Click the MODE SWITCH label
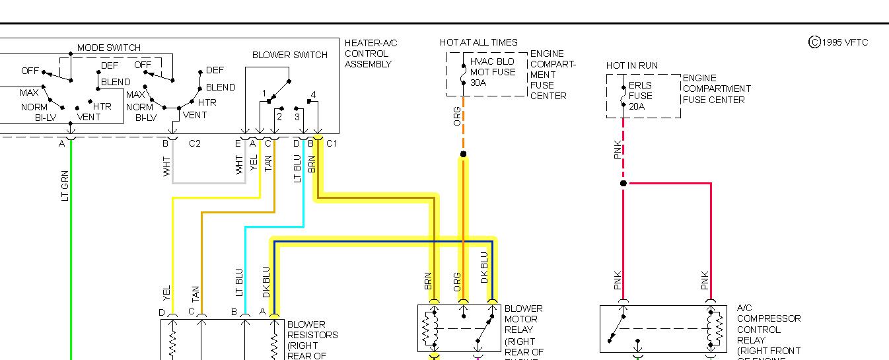108,48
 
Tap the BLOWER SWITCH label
289,55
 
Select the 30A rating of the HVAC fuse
478,83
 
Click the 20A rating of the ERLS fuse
637,106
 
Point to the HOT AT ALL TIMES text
478,42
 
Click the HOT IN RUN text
631,65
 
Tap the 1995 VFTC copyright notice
838,42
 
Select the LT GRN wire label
65,185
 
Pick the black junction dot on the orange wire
463,155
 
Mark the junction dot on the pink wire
623,183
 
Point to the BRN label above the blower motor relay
428,281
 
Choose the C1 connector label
332,143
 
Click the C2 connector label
194,143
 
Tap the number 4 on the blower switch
313,94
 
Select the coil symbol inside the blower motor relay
434,328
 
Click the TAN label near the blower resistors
196,293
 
